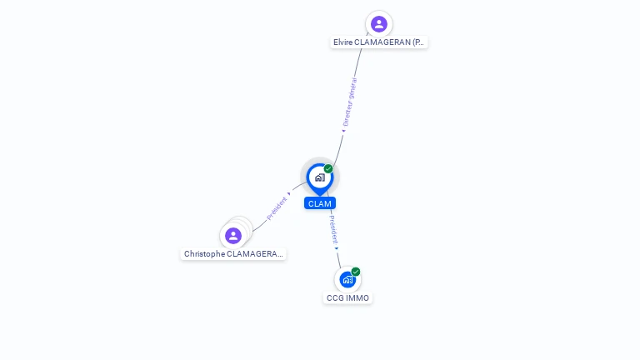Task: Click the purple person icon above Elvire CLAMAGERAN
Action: pos(379,23)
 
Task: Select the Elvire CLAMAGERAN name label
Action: pos(379,42)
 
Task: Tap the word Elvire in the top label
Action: pos(343,42)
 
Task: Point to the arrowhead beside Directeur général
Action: pos(342,130)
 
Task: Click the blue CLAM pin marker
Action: pos(319,177)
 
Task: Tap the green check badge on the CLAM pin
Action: pos(328,169)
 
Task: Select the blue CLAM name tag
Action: pos(320,203)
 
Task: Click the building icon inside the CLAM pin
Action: pos(319,177)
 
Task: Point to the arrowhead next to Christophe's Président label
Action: pos(289,193)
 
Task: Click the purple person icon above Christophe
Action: pos(233,235)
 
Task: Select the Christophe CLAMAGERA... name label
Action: pos(233,253)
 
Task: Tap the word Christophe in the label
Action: pos(204,253)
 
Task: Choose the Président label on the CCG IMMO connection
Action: pos(332,228)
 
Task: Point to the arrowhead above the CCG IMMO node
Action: pos(337,247)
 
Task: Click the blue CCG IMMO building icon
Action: pos(347,280)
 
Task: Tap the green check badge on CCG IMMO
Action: pos(356,272)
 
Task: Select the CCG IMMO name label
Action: pos(347,297)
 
